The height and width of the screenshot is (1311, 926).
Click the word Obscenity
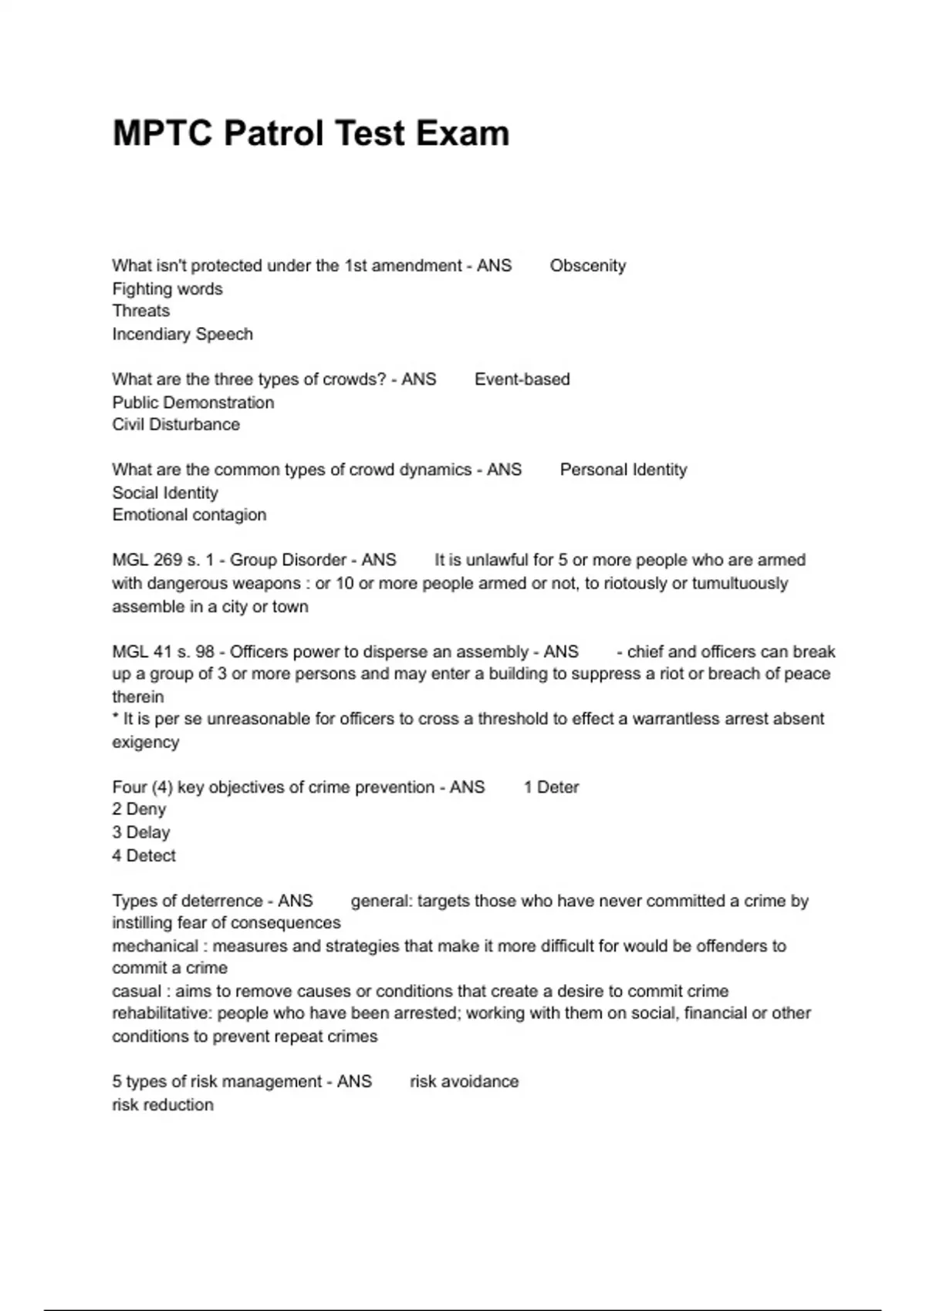coord(587,266)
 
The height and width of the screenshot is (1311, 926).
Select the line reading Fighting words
coord(167,289)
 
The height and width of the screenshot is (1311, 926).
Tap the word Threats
coord(141,311)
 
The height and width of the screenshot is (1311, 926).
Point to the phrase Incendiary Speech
coord(183,334)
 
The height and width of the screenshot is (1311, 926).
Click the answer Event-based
coord(522,379)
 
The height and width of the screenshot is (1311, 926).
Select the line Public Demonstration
coord(193,403)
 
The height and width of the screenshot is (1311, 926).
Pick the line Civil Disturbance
coord(176,424)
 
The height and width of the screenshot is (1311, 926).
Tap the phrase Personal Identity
coord(623,470)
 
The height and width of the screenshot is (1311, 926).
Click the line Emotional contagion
coord(189,514)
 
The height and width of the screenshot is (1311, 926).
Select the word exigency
coord(146,742)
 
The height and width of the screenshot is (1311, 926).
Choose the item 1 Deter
coord(551,787)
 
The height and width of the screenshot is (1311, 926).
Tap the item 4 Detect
coord(144,855)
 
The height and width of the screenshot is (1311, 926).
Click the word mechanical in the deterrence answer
coord(155,945)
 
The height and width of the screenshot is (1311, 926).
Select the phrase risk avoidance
coord(464,1081)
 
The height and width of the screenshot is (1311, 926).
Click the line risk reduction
coord(163,1104)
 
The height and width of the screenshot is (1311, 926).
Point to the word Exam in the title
coord(462,133)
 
